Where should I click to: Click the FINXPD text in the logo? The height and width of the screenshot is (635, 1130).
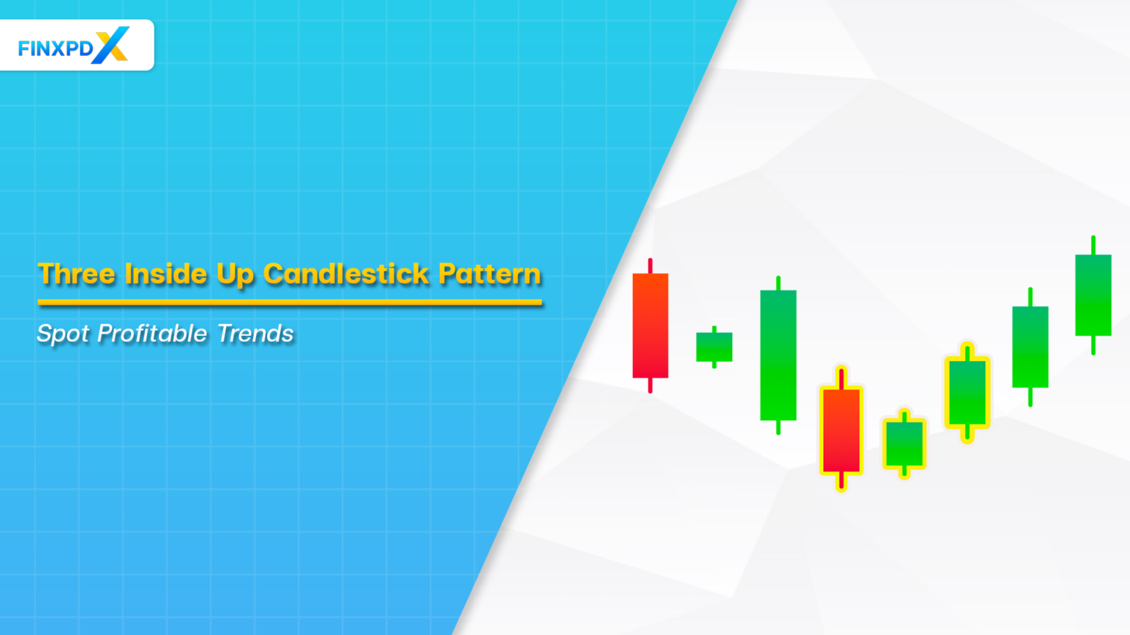(55, 49)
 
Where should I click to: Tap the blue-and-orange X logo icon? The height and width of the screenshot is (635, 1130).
(111, 45)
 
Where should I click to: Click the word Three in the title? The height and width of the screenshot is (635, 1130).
(77, 274)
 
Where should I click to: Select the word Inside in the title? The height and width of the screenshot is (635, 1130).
(166, 274)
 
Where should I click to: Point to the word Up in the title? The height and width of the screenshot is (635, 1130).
(235, 275)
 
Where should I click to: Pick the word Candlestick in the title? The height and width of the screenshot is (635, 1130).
(346, 274)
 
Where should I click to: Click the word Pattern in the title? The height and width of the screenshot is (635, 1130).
(489, 274)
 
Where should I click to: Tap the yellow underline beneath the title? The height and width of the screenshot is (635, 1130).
(290, 301)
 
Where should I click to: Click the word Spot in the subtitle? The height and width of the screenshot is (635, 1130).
(63, 334)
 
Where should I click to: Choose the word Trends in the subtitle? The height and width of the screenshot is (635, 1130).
(255, 334)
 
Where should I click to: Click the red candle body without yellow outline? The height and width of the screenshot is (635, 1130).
(650, 325)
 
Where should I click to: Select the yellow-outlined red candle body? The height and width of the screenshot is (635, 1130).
(841, 430)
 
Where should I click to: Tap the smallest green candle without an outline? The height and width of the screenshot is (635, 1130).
(714, 347)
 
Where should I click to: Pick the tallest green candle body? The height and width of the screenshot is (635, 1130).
(778, 355)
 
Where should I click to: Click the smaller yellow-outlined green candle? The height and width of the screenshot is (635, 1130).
(904, 443)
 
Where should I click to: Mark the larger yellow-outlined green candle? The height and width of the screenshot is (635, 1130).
(967, 392)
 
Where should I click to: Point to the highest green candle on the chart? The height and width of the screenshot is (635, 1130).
(1093, 295)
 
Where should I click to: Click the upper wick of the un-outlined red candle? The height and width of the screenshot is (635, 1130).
(650, 265)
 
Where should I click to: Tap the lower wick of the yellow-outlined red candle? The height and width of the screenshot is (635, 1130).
(841, 481)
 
